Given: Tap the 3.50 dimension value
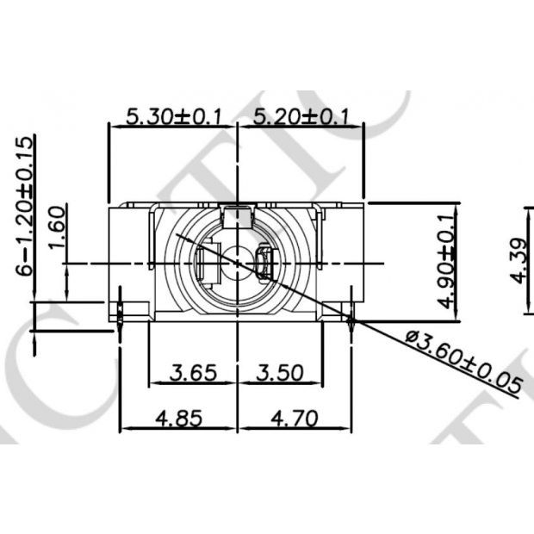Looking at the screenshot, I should click(280, 374).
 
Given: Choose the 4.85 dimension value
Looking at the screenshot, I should click(178, 419).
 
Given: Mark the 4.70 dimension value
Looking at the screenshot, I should click(295, 419).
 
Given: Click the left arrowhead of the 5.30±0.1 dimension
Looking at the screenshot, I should click(113, 126).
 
